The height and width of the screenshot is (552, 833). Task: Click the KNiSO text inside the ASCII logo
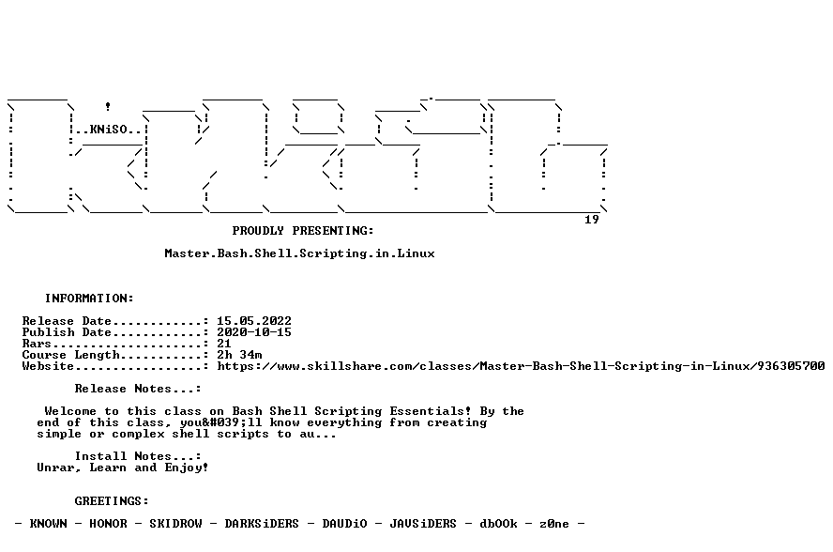109,130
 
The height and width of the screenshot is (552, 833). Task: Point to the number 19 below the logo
592,220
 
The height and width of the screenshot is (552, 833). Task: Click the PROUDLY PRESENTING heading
303,231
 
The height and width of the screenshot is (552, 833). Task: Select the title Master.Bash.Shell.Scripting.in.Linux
299,253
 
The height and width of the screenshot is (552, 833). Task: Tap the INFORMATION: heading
89,299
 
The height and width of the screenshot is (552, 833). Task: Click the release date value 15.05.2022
254,321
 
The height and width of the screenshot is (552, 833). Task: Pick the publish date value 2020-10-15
254,332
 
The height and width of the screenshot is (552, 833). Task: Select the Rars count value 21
223,344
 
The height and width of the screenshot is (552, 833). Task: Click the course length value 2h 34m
239,355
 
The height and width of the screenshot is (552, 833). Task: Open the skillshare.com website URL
521,366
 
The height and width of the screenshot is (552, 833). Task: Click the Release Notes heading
138,389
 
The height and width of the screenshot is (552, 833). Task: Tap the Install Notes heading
138,456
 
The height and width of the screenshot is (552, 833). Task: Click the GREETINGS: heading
112,501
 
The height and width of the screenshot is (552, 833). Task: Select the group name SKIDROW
175,524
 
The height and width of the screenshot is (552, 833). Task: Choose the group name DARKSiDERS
262,524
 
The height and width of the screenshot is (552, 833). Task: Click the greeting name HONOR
108,524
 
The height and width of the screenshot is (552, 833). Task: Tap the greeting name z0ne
554,524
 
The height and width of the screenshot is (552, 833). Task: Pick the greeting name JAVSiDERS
423,524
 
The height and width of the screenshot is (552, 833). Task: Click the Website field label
48,366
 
